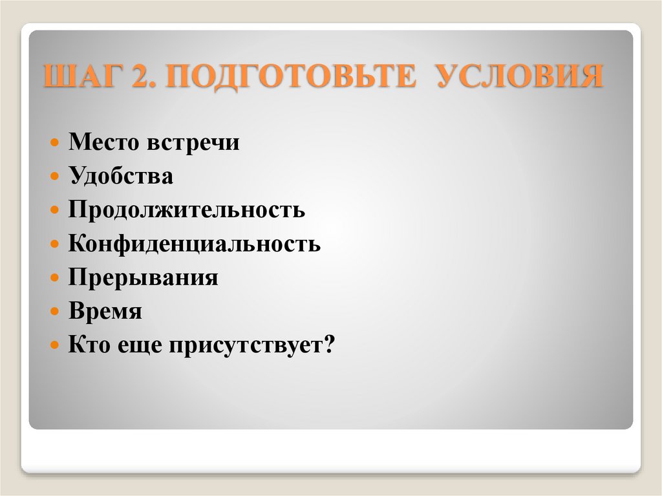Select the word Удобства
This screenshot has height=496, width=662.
click(x=121, y=176)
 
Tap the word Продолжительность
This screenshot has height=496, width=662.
click(x=187, y=210)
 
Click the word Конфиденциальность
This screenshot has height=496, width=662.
click(x=195, y=244)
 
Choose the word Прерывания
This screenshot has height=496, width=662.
click(x=144, y=278)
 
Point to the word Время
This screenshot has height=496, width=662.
click(x=105, y=312)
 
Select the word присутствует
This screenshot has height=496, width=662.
click(x=246, y=345)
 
